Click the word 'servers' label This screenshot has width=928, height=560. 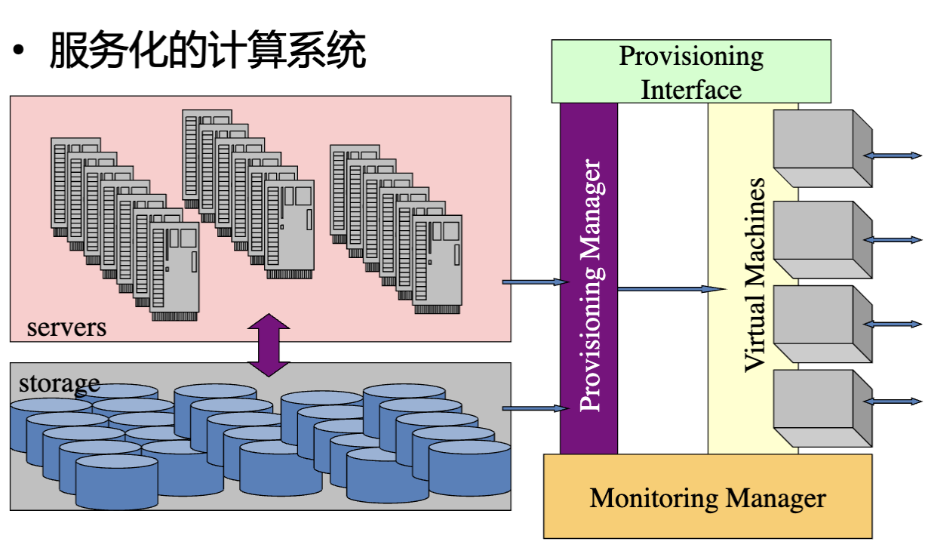pos(66,328)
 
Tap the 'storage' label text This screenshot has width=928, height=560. pos(59,383)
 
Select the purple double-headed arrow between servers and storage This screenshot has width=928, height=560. pos(269,345)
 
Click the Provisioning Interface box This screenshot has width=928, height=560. pos(690,72)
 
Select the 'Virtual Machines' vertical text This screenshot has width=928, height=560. pos(754,275)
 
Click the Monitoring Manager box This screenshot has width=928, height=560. pos(708,497)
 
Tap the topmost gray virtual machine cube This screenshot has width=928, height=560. pos(822,148)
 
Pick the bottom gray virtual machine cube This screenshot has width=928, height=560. pos(822,408)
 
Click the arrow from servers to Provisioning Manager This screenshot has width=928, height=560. pos(535,282)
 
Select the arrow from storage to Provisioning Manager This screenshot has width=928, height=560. pos(535,409)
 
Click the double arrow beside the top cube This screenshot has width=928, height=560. pos(893,155)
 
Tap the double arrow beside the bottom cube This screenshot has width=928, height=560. pos(893,401)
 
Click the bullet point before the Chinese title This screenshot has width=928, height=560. pos(19,53)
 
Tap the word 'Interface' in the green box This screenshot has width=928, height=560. pos(691,90)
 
